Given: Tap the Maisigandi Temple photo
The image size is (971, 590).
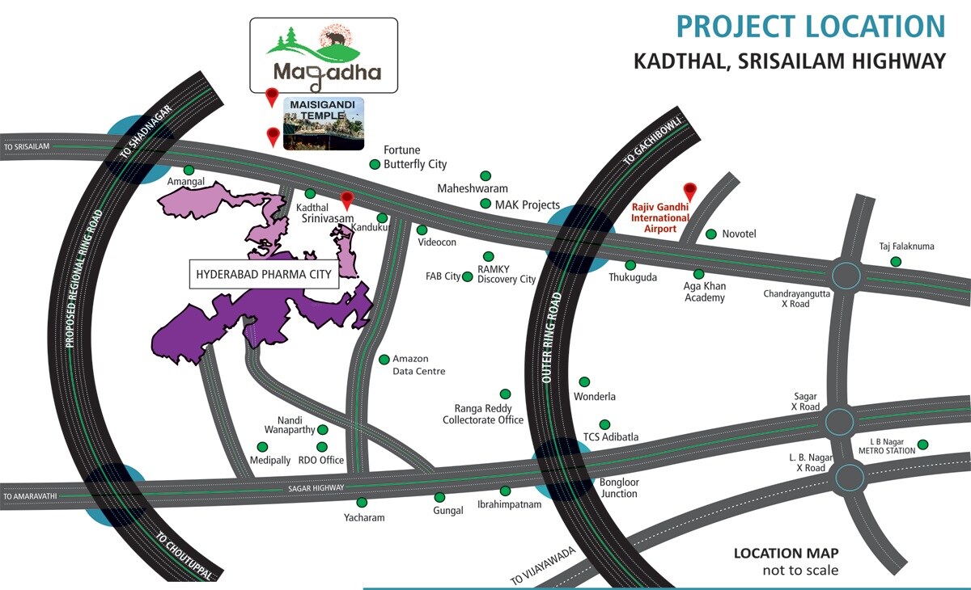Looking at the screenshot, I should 324,124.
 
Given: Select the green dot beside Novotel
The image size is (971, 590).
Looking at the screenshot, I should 711,234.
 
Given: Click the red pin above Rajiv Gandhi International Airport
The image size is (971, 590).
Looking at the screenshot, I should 689,192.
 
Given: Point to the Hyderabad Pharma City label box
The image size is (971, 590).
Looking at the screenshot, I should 264,275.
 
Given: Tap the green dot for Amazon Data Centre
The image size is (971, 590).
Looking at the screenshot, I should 384,360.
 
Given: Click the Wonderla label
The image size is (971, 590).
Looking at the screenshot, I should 595,397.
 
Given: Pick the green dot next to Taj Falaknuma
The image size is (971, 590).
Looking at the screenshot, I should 896,261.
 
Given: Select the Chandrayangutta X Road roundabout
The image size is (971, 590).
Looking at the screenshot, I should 846,275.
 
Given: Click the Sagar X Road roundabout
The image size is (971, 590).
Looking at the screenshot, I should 839,421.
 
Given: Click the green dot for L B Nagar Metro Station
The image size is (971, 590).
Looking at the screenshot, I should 922,445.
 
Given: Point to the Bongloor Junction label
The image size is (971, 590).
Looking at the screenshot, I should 618,488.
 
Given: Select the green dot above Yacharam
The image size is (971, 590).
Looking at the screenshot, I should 362,502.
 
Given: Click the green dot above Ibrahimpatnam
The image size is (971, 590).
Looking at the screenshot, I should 505,491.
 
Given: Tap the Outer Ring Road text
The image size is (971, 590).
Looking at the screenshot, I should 552,338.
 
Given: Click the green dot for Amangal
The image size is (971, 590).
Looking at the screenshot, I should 189,170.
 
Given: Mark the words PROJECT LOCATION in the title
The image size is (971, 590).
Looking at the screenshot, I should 811,27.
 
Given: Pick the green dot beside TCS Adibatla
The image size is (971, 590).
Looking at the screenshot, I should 604,424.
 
